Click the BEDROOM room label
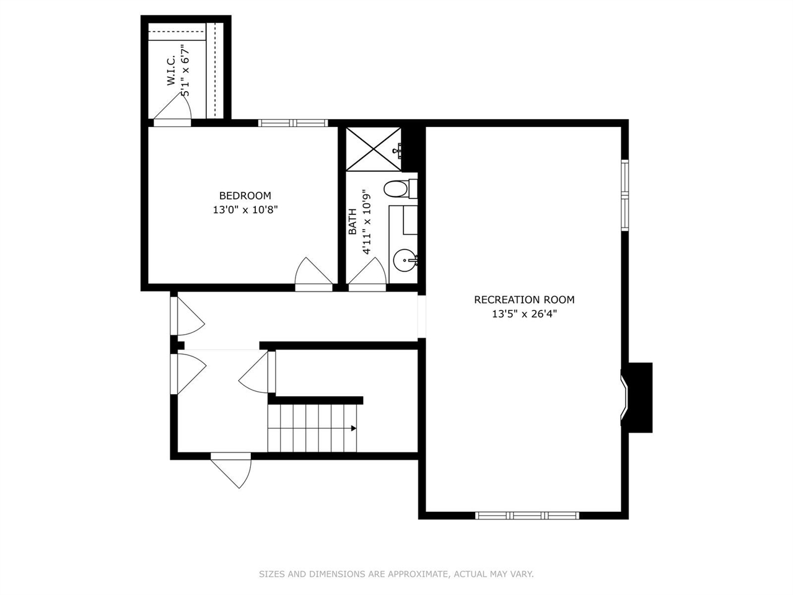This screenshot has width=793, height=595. click(x=245, y=196)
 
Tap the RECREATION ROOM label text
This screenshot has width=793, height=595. click(x=524, y=300)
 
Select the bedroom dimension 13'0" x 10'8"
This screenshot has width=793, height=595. click(x=245, y=210)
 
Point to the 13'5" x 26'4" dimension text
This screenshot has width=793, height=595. click(x=524, y=314)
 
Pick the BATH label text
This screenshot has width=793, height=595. click(x=353, y=221)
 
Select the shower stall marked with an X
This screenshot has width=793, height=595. click(x=373, y=149)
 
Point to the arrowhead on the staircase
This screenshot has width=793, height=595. click(x=353, y=428)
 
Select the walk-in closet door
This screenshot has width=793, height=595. click(x=173, y=112)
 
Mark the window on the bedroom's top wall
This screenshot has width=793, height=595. click(x=292, y=123)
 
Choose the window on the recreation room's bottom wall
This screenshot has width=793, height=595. click(x=527, y=515)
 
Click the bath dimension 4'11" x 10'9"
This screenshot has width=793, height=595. click(x=367, y=221)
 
